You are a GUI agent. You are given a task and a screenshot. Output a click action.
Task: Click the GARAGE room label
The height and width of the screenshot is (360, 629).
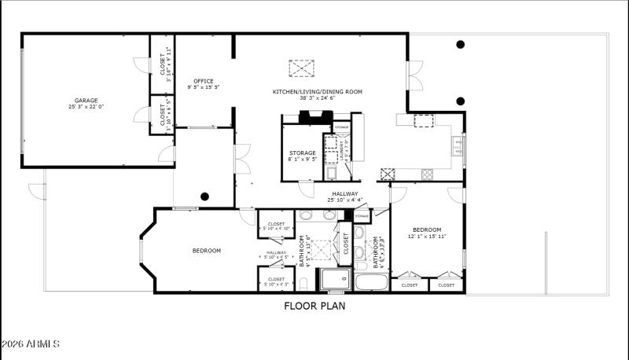[x=86, y=101]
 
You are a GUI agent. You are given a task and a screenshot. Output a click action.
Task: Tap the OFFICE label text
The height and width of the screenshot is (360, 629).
[x=204, y=81]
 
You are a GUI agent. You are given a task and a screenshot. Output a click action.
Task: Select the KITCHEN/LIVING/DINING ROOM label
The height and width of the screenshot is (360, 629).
[x=317, y=92]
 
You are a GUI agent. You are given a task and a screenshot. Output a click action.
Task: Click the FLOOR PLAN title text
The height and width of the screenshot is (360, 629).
[x=314, y=307]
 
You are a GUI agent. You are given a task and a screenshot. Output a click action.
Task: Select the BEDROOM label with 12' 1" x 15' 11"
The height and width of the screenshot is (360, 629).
[x=427, y=230]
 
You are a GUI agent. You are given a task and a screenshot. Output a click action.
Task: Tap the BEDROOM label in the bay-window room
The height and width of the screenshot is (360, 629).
[x=207, y=251]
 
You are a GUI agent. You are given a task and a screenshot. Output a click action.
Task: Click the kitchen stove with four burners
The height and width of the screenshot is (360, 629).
[x=388, y=174]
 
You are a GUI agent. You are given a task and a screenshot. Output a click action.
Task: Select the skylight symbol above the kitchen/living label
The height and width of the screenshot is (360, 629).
[x=301, y=68]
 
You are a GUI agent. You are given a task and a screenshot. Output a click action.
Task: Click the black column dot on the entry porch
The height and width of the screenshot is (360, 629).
[x=204, y=197]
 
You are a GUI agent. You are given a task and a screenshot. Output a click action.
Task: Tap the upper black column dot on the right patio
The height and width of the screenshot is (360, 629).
[x=461, y=44]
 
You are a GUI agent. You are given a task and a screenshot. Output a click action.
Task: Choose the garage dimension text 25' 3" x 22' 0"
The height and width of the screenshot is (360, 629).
[x=86, y=107]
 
